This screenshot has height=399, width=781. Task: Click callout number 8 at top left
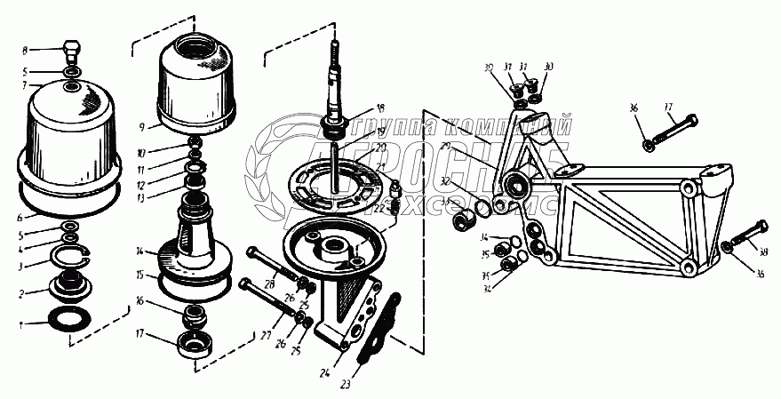coord(25,50)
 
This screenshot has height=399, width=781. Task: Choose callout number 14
coord(140,252)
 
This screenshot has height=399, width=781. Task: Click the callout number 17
coord(140,336)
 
